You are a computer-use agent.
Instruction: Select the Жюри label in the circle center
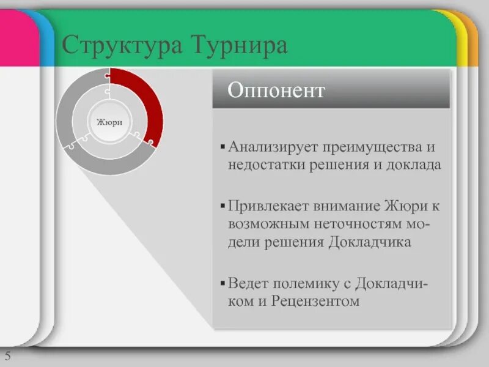[x=109, y=122]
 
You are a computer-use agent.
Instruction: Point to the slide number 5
[x=8, y=357]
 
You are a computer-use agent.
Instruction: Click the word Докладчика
[x=369, y=242]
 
